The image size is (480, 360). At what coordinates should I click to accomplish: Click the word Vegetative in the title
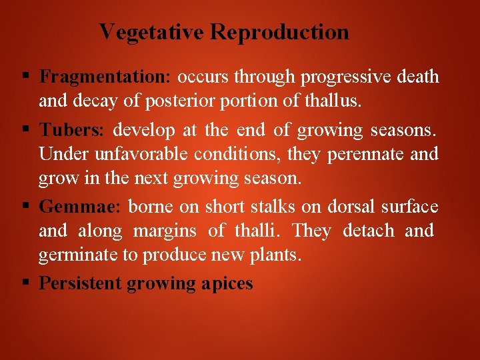coord(152,32)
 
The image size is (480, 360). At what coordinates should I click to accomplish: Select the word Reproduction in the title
coord(280,32)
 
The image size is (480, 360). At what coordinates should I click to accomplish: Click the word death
coord(417,77)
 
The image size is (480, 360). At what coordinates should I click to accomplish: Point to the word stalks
coord(273,206)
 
